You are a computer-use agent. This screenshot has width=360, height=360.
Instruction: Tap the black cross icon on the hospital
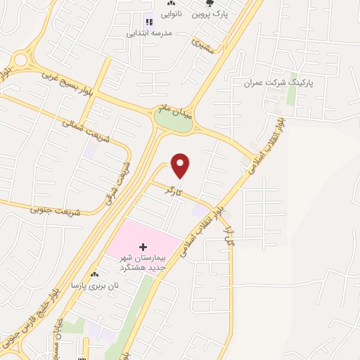pyautogui.click(x=143, y=247)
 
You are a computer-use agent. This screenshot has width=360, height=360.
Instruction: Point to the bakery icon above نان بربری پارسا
pyautogui.click(x=95, y=274)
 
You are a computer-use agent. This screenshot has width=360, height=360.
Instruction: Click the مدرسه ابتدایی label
pyautogui.click(x=148, y=32)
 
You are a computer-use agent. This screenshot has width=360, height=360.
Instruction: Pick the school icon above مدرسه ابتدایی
pyautogui.click(x=148, y=20)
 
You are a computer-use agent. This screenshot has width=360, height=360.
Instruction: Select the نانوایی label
pyautogui.click(x=171, y=13)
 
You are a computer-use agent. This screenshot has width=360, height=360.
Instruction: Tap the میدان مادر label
pyautogui.click(x=173, y=108)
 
